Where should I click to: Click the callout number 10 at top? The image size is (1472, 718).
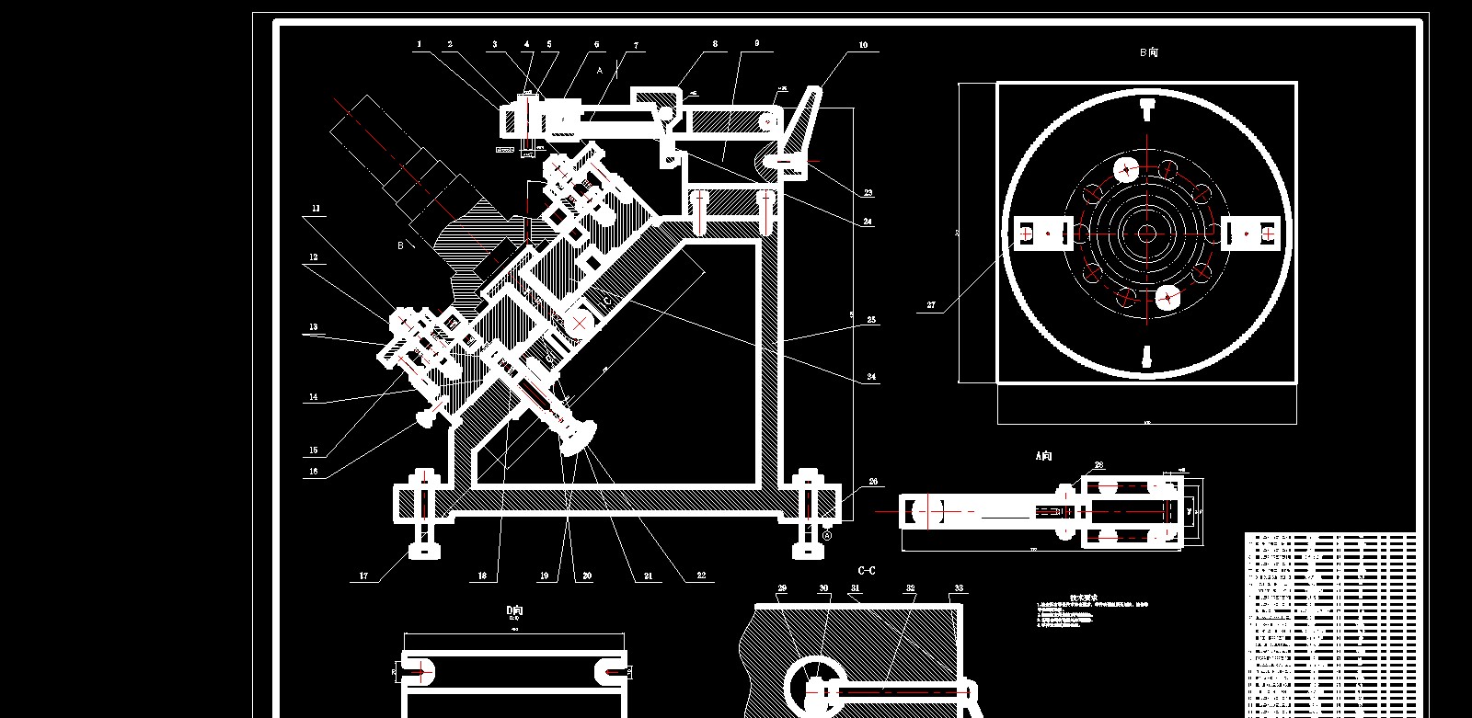[x=863, y=45]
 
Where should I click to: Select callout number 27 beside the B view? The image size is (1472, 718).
[x=931, y=306]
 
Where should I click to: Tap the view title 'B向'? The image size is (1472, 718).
[x=1148, y=52]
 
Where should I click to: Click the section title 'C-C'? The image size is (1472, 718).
[x=866, y=571]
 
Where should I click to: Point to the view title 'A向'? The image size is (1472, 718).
[x=1043, y=455]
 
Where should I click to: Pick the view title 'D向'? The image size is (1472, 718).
[x=514, y=610]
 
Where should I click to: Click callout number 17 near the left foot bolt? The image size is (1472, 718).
[x=363, y=576]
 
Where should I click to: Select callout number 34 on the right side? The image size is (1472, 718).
[x=871, y=377]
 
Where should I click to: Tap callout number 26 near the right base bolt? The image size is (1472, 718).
[x=873, y=481]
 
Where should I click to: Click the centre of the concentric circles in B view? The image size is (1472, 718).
[x=1146, y=234]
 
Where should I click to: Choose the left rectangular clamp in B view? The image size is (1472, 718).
[x=1042, y=234]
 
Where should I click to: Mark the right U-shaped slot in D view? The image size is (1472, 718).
[x=611, y=672]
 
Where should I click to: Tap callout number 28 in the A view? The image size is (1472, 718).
[x=1098, y=465]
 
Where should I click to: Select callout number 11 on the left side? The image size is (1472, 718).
[x=316, y=209]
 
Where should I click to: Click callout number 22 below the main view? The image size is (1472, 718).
[x=701, y=576]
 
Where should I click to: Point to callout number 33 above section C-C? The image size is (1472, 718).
[x=959, y=588]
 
